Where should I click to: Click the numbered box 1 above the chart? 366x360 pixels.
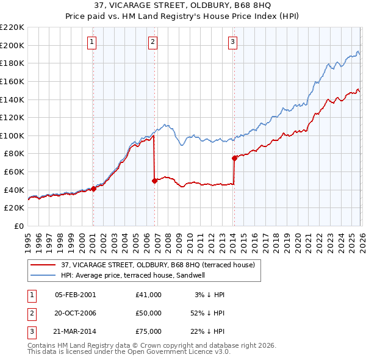coord(91,42)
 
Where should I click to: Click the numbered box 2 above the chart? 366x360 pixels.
coord(152,42)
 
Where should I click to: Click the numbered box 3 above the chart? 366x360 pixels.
coord(232,42)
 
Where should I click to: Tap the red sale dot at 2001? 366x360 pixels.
coord(93,189)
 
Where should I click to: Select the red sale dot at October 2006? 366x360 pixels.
coord(154,181)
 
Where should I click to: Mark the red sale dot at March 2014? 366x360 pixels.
coord(234,158)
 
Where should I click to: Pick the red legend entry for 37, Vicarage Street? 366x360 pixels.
coord(161,265)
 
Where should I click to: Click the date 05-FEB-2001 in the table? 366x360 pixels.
coord(75,295)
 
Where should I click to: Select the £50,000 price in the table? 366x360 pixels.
coord(149,313)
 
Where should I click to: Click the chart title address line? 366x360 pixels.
coord(183,7)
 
